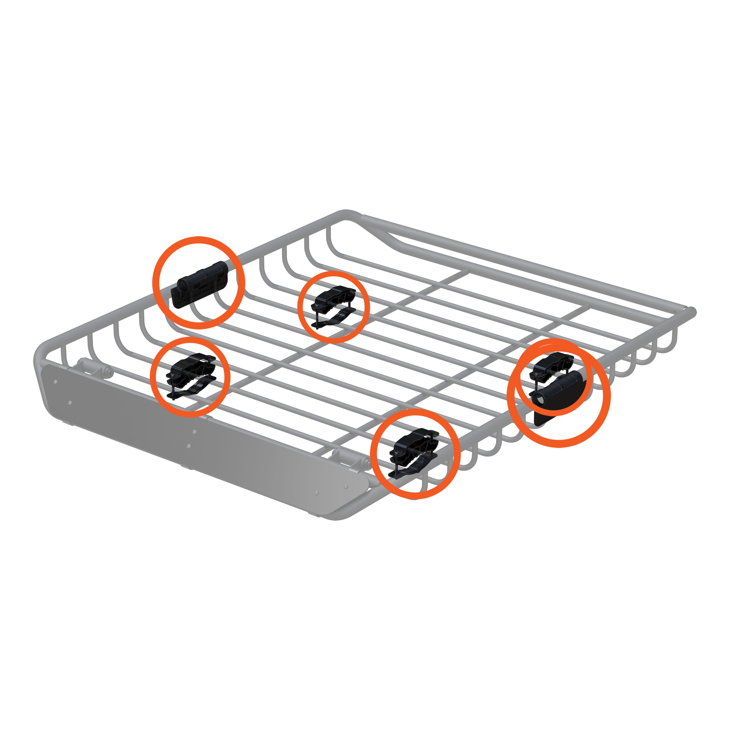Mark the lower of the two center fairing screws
coord(189,446)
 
